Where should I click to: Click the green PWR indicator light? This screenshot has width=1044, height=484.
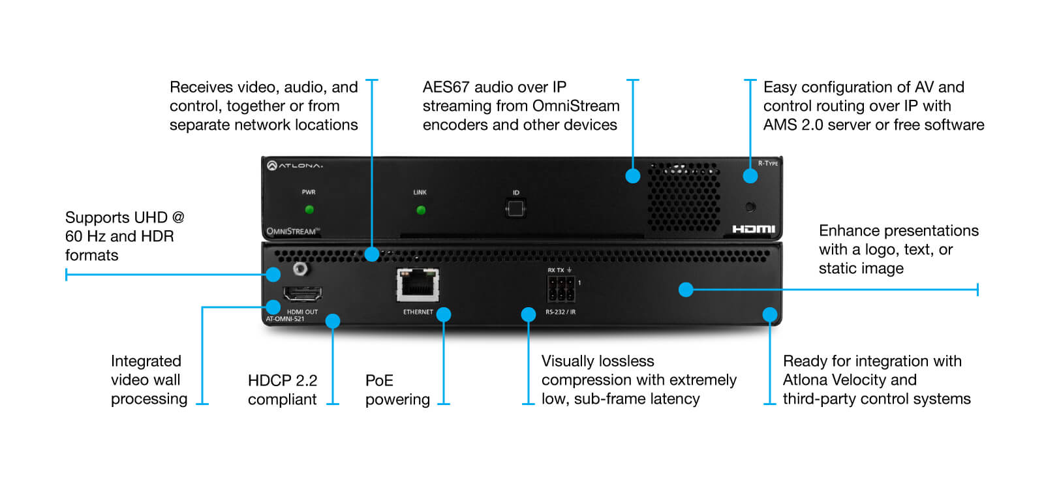(x=309, y=209)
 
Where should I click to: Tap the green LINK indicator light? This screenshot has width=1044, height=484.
(x=421, y=210)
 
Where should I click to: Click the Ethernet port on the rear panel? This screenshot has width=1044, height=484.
(x=418, y=284)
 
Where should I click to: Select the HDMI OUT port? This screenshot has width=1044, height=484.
(x=303, y=294)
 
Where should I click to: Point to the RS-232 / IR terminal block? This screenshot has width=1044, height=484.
(x=561, y=289)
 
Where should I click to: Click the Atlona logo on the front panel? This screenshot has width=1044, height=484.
(x=294, y=166)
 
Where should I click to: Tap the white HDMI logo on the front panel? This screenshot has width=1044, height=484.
(x=754, y=229)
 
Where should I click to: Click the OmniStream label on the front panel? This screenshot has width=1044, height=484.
(x=293, y=231)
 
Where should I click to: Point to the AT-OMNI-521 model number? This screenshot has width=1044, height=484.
(x=284, y=319)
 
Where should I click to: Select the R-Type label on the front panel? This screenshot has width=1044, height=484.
(x=767, y=163)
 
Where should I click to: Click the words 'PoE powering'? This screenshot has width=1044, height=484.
(x=397, y=390)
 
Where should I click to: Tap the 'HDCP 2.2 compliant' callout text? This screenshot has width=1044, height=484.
(x=283, y=390)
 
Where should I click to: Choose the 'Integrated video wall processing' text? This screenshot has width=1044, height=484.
(x=149, y=380)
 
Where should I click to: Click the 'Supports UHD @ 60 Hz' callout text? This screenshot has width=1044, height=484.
(x=125, y=227)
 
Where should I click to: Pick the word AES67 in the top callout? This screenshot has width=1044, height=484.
(x=448, y=87)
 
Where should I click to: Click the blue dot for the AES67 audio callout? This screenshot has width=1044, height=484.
(x=632, y=175)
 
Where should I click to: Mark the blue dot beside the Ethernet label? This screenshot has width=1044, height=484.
(x=444, y=314)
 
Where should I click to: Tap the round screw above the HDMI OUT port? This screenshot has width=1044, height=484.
(x=301, y=269)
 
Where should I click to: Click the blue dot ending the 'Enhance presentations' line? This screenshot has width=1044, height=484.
(x=686, y=290)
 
